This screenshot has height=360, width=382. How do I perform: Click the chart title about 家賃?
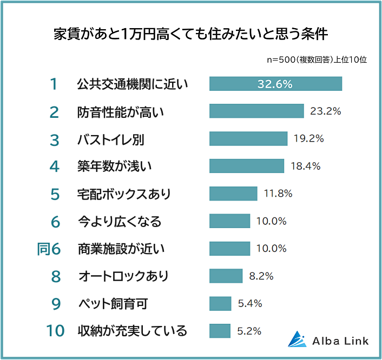point(191,34)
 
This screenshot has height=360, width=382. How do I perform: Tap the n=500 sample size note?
point(317,59)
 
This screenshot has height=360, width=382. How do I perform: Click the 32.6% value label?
point(275,84)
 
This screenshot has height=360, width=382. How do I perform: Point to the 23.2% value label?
point(325,111)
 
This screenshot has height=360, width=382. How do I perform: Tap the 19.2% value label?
point(308,138)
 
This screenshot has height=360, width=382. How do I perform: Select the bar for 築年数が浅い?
point(246,166)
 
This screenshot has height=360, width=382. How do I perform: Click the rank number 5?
point(54,194)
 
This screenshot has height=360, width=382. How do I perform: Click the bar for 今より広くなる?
point(229,221)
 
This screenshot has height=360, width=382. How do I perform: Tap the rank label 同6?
point(49,249)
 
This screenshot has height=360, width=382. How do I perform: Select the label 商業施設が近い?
point(121,249)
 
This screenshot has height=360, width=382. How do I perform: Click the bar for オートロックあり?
point(226,276)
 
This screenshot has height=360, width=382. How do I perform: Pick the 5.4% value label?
point(250,303)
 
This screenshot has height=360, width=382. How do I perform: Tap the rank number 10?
point(55,331)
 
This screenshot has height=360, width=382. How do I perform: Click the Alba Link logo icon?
point(297,338)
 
